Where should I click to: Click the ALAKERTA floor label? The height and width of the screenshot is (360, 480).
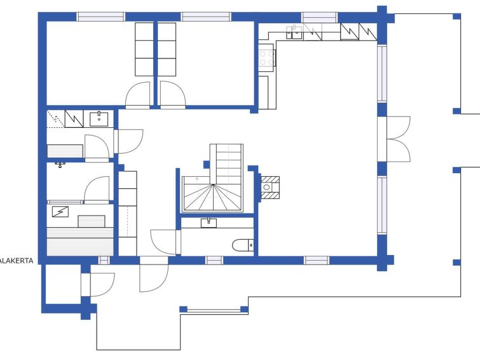tap(17, 261)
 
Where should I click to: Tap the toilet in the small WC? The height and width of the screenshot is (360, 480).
tap(243, 245)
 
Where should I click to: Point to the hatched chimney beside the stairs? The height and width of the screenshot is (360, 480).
tap(270, 188)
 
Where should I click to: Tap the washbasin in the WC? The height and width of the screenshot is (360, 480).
tap(209, 223)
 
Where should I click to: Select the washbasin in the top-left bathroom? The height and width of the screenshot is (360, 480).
tap(99, 119)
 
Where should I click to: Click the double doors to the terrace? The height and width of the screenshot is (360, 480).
tap(398, 139)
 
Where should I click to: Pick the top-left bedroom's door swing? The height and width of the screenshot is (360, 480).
tap(138, 95)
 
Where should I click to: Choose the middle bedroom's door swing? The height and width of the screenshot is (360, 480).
tap(173, 95)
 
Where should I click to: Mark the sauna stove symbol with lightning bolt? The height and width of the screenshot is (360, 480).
tap(60, 212)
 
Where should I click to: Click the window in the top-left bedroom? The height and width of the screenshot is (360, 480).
tap(100, 17)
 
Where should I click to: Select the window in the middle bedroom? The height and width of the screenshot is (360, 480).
tap(206, 17)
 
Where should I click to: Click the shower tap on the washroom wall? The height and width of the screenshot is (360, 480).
tap(60, 165)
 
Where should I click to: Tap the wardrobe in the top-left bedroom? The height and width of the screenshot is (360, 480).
tap(144, 49)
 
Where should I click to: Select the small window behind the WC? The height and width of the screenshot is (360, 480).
tap(214, 260)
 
